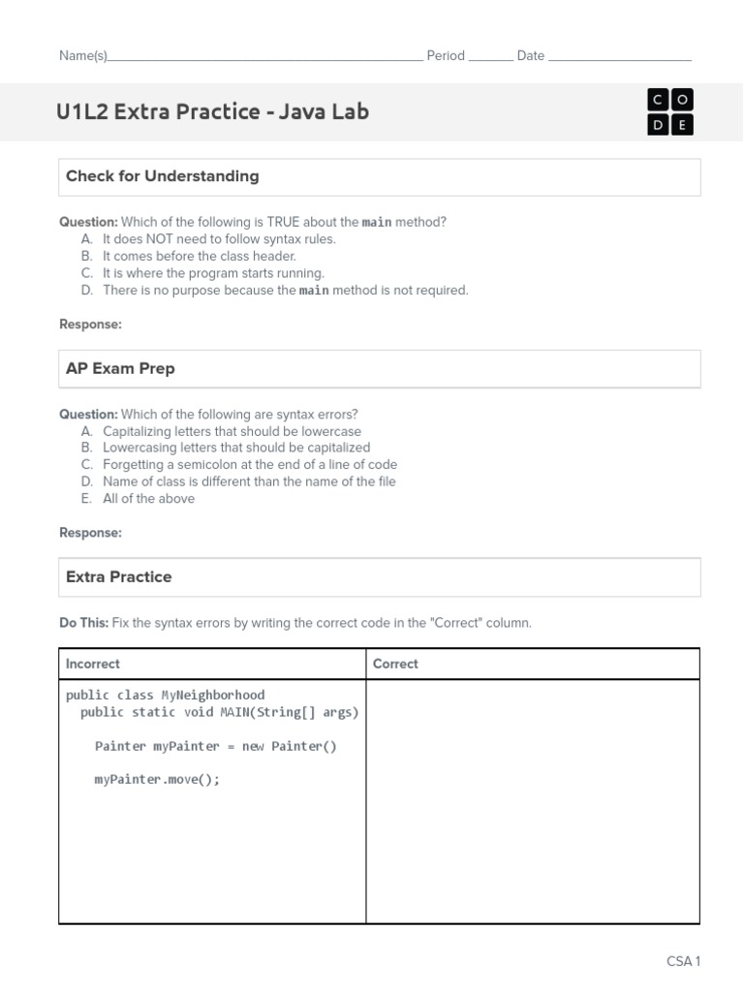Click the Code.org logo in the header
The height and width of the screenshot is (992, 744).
point(669,112)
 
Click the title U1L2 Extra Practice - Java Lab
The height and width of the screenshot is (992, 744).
point(212,111)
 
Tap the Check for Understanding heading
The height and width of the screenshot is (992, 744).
point(162,176)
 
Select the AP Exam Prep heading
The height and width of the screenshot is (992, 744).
point(120,369)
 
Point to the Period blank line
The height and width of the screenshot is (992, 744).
point(490,57)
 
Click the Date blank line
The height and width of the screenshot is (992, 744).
point(620,57)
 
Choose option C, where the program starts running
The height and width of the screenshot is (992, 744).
point(213,273)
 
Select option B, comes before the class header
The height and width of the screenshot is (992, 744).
point(199,257)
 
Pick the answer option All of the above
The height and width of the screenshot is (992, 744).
point(148,499)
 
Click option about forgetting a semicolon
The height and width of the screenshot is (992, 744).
point(249,465)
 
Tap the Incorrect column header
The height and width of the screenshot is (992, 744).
point(93,665)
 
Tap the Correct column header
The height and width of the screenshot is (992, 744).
point(395,665)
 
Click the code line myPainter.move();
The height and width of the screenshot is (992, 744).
point(157,780)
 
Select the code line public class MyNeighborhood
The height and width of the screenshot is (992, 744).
point(165,696)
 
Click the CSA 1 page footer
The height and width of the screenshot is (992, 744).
point(683,961)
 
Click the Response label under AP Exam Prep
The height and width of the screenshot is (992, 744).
point(90,533)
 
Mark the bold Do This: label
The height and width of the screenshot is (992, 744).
point(83,623)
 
